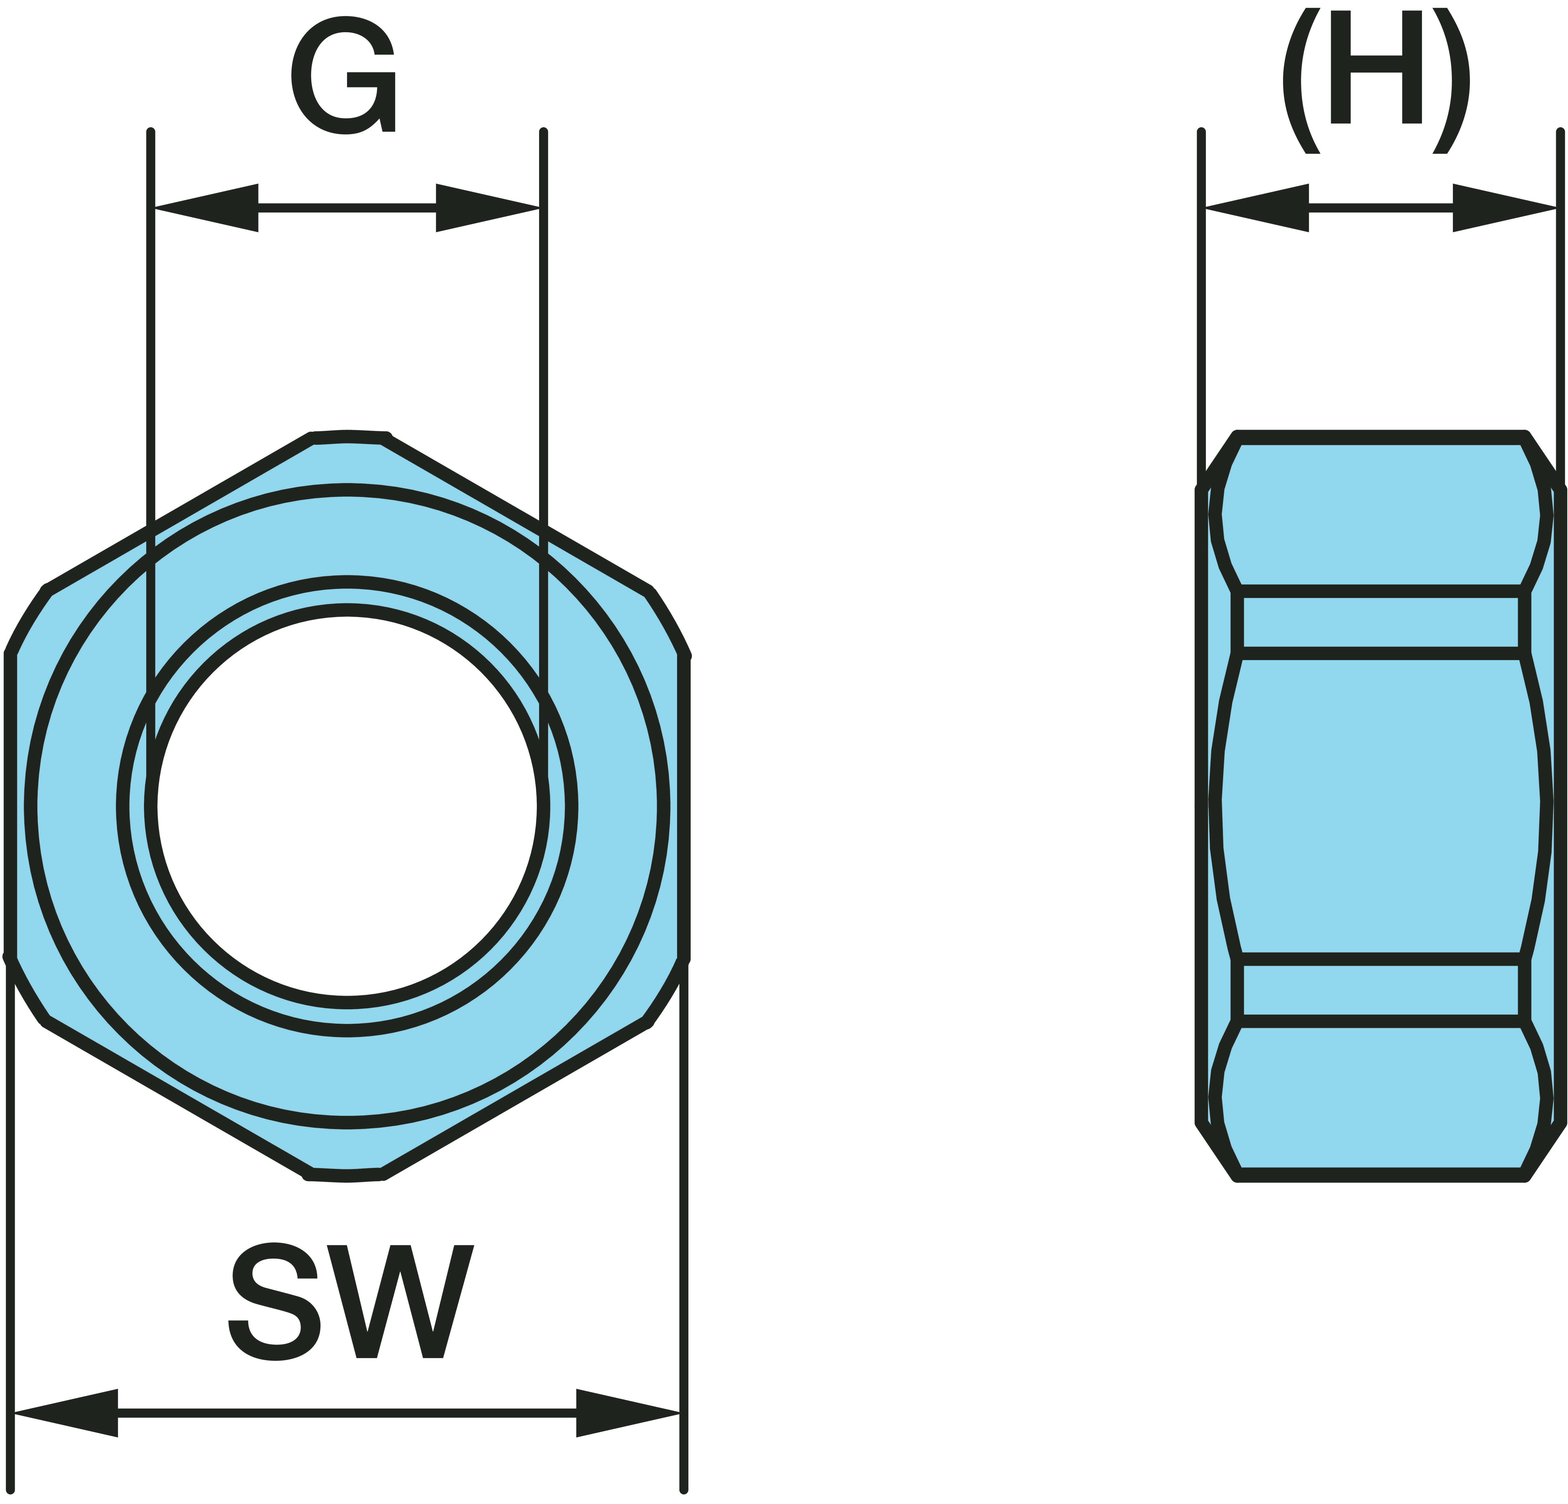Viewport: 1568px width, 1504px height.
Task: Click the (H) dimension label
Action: tap(1376, 80)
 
